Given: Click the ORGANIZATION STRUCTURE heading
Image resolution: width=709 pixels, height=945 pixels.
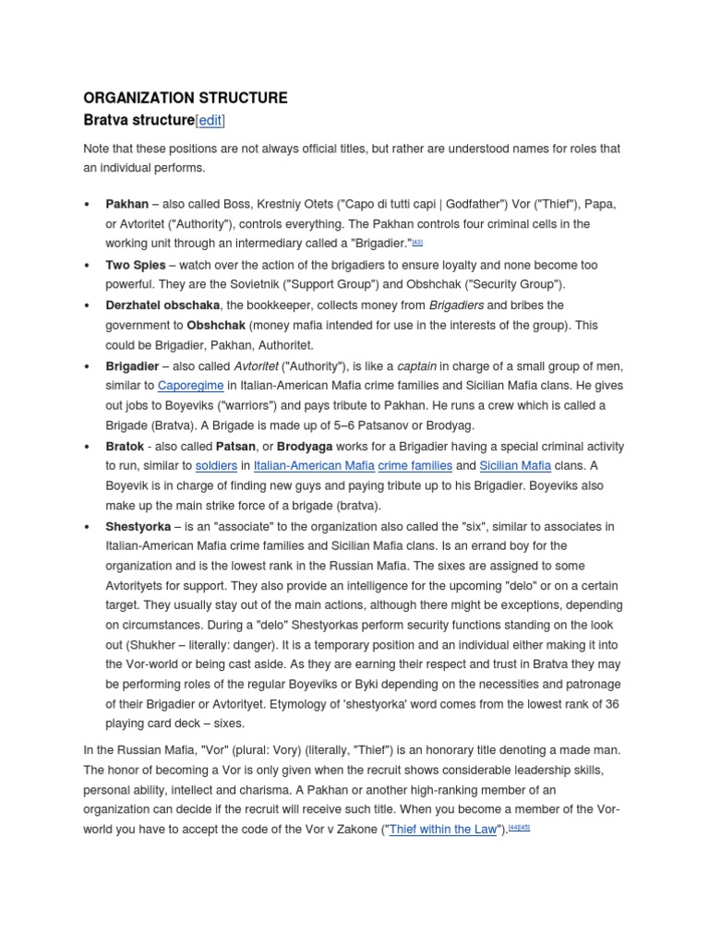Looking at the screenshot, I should [186, 98].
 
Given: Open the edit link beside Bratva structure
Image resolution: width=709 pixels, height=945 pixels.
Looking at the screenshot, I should [210, 121].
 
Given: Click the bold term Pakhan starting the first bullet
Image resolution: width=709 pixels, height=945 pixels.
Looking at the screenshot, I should [127, 204].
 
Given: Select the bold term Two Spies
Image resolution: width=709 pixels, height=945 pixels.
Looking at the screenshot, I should [136, 265].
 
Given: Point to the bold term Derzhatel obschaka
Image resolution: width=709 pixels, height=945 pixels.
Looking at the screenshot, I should [162, 305].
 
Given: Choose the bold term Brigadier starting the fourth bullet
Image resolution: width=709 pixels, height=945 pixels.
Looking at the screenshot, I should [133, 365].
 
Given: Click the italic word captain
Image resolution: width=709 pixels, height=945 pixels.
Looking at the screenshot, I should [417, 365].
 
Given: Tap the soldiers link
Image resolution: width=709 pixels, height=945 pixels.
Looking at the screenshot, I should [216, 466].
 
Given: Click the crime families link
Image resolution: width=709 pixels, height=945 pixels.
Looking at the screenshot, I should [415, 466].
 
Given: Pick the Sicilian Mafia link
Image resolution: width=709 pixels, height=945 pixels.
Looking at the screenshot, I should [515, 466].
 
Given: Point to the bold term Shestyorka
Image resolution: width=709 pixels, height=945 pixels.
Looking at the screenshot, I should [138, 526].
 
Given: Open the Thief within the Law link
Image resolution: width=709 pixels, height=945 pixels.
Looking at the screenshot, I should [444, 829].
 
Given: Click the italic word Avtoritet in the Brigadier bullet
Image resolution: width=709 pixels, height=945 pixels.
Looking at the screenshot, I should [257, 365].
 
